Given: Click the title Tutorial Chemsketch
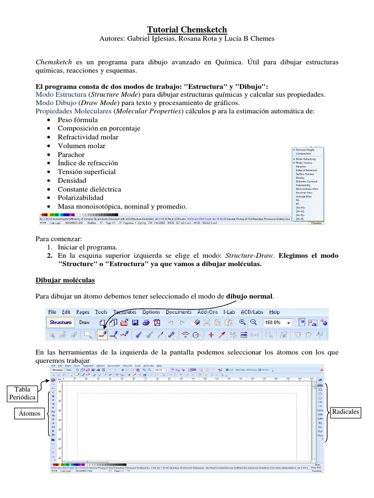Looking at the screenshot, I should click(187, 30).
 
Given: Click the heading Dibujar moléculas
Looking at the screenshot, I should click(66, 281).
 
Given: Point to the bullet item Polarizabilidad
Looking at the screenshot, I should click(80, 198).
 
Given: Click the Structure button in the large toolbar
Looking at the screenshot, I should click(60, 322).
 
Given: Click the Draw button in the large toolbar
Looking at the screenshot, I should click(85, 322).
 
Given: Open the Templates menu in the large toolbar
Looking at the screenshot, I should click(125, 312).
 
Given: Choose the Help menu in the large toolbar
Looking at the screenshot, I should click(274, 312).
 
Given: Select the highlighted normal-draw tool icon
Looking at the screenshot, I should click(102, 335).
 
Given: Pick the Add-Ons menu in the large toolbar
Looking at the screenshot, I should click(207, 312).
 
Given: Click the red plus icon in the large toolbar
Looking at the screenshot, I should click(211, 335).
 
